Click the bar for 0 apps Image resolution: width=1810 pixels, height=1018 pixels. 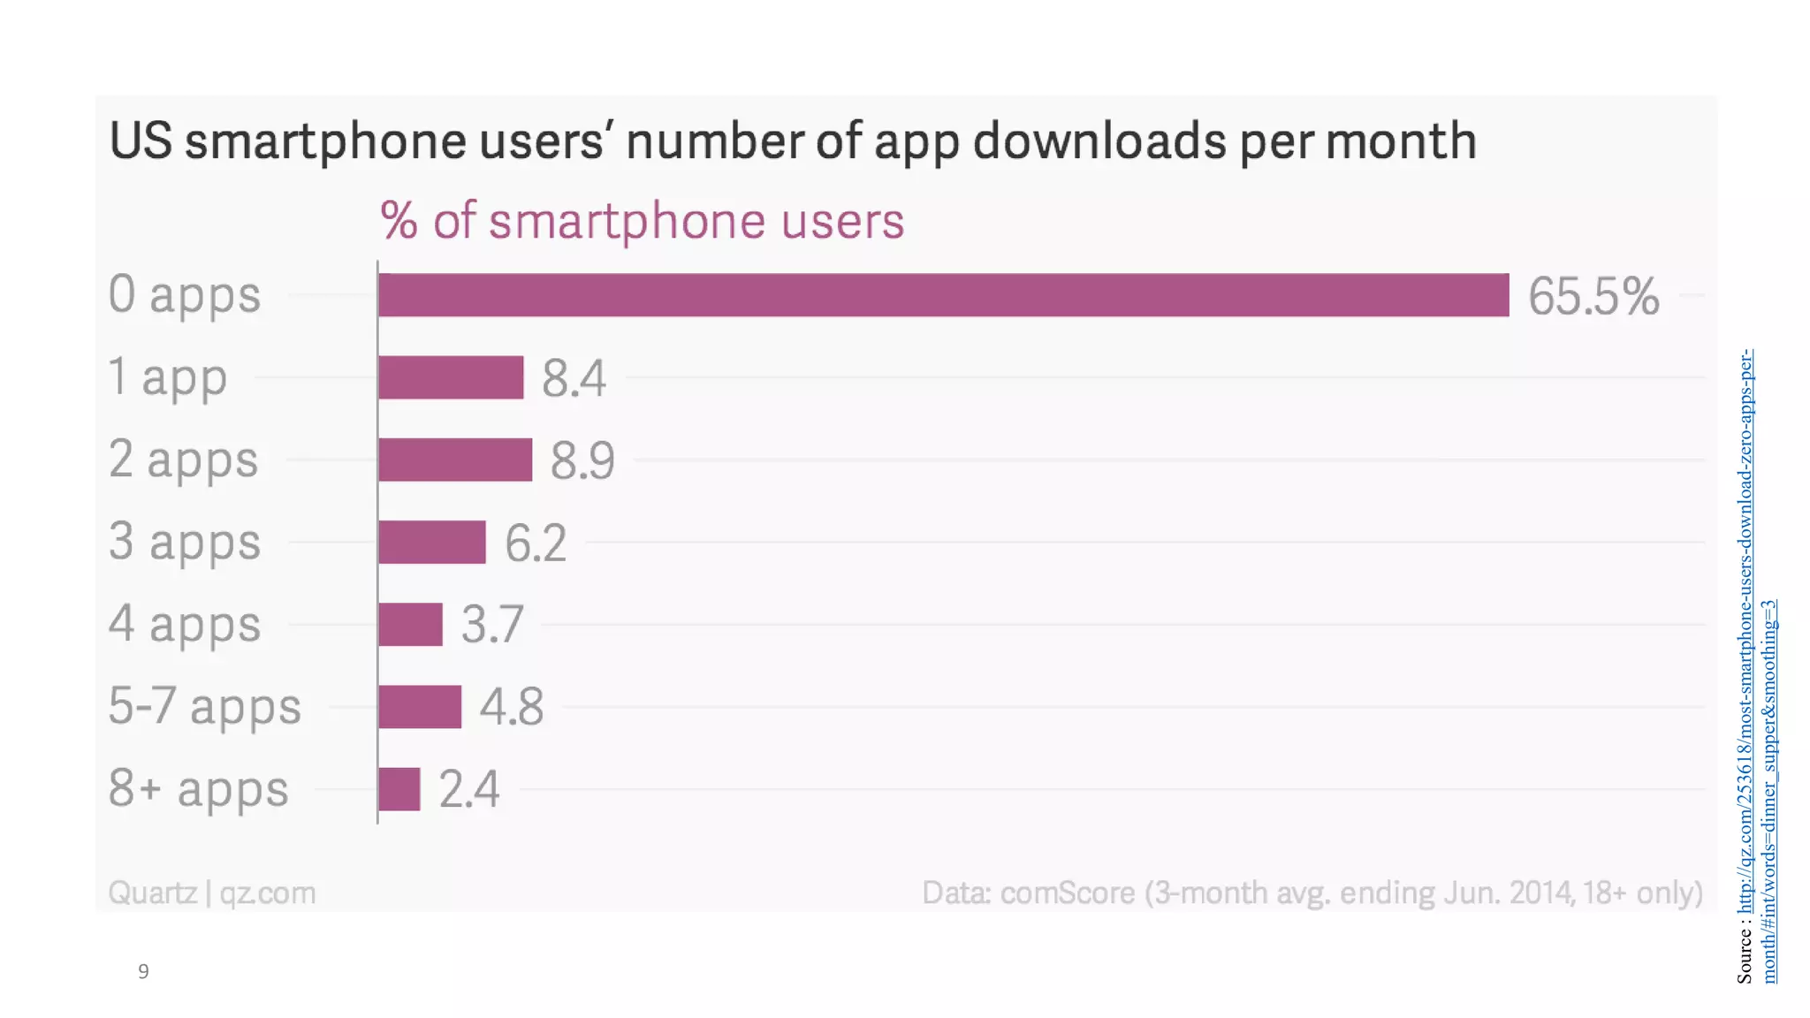pos(943,295)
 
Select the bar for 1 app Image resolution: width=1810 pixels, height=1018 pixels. pos(451,377)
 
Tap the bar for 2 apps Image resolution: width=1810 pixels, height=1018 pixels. pos(455,460)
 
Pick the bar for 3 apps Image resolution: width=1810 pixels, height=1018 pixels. pos(431,542)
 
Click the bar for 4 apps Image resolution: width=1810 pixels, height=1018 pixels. pos(410,625)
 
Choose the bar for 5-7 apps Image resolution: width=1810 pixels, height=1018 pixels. pos(420,707)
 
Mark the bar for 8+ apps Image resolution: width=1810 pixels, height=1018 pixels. pos(399,789)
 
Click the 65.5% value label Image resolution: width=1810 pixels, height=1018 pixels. pos(1593,296)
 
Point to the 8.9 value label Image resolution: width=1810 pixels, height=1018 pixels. pos(582,460)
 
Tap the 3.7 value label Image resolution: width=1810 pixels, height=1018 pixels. pos(492,625)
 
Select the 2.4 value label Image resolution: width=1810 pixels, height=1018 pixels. pos(468,789)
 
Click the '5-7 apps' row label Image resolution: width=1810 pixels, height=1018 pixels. pos(204,707)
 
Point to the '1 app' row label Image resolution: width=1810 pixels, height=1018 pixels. pos(167,378)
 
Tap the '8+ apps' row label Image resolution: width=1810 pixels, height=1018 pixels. pos(198,789)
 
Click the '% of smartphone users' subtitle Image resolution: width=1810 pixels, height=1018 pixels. pos(643,221)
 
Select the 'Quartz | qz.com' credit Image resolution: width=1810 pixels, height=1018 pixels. pos(211,893)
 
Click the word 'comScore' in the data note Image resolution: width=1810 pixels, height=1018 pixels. pos(1067,893)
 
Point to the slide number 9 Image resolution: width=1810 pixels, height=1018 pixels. pos(143,971)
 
